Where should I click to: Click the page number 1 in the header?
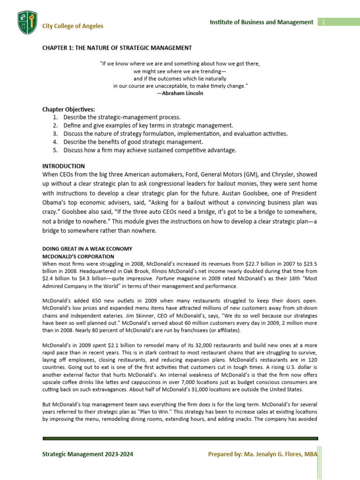tap(323, 22)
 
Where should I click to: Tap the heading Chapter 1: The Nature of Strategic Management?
tap(117, 48)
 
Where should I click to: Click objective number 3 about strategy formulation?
tap(175, 134)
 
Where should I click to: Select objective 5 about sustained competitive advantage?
tap(150, 150)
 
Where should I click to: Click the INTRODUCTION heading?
tap(64, 166)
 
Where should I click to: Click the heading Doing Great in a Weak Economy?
tap(87, 248)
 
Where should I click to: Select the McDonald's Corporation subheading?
tap(78, 256)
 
